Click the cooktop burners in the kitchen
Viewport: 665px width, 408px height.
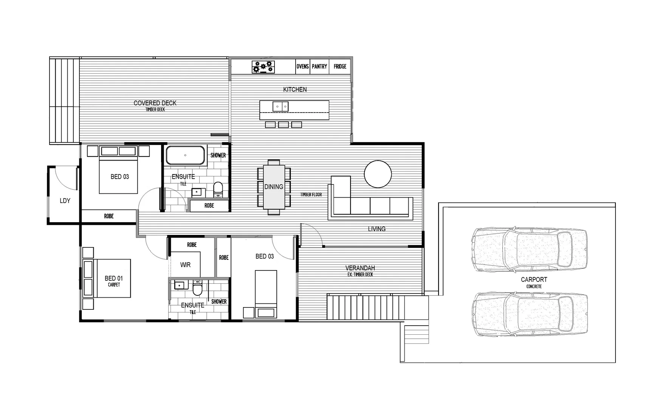pyautogui.click(x=263, y=67)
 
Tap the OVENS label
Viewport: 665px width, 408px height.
pyautogui.click(x=302, y=66)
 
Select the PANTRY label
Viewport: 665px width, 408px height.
pyautogui.click(x=319, y=66)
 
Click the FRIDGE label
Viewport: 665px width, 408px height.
pyautogui.click(x=340, y=66)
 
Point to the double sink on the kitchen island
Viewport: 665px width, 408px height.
pyautogui.click(x=281, y=107)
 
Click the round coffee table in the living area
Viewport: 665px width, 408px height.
pyautogui.click(x=378, y=174)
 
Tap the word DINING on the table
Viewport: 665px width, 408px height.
pyautogui.click(x=274, y=187)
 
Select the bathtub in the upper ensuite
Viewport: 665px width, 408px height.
pyautogui.click(x=185, y=155)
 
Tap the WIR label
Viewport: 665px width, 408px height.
pyautogui.click(x=185, y=265)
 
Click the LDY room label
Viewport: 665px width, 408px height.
pyautogui.click(x=65, y=201)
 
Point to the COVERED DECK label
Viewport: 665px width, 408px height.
pyautogui.click(x=155, y=103)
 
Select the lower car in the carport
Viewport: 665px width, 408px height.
pyautogui.click(x=529, y=314)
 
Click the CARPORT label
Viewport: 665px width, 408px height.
pyautogui.click(x=534, y=280)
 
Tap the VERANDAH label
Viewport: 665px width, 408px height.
pyautogui.click(x=360, y=268)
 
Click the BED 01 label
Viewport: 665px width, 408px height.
pyautogui.click(x=113, y=278)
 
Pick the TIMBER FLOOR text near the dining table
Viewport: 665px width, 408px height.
pyautogui.click(x=311, y=195)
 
